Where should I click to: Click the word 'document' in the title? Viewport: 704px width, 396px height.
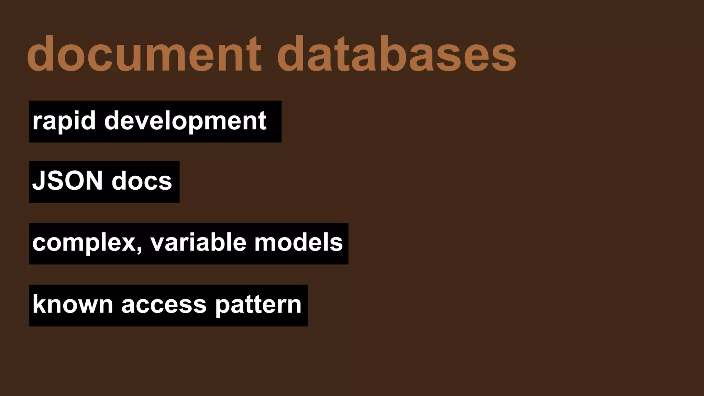[x=144, y=54]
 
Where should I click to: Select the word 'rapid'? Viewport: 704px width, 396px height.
[x=64, y=121]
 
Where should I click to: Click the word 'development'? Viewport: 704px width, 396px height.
[x=185, y=121]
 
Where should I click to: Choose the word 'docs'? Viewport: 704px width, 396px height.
[x=142, y=181]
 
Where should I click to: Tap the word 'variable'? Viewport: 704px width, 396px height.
[x=198, y=243]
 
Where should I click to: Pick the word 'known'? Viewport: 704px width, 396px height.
[x=73, y=305]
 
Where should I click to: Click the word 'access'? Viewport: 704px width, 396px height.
[x=164, y=305]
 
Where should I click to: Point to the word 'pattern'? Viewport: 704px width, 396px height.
[x=258, y=305]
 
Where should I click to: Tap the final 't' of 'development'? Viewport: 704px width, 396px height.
[x=262, y=121]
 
